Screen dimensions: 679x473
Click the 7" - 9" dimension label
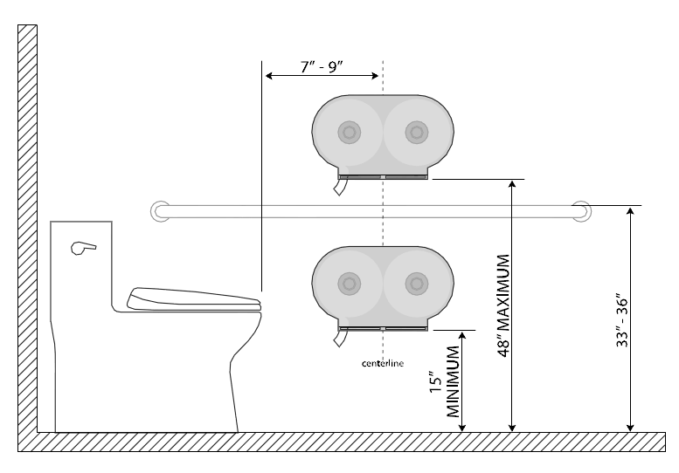coord(322,67)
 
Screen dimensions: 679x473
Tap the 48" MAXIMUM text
coord(503,305)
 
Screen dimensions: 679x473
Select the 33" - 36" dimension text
coord(622,321)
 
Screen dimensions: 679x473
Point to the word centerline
coord(383,363)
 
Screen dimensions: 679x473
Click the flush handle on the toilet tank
coord(83,248)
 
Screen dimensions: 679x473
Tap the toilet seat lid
coord(194,298)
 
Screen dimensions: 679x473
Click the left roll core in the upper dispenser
coord(349,132)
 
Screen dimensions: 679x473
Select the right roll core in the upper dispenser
coord(417,132)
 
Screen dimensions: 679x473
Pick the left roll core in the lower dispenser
coord(349,284)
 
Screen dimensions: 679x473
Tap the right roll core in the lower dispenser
coord(417,284)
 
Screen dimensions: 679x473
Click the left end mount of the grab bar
coord(160,211)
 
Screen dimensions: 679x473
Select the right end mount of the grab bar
coord(581,211)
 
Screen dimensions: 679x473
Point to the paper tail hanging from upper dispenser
coord(340,188)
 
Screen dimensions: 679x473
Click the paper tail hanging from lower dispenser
coord(340,338)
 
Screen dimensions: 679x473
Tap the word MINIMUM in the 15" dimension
coord(453,381)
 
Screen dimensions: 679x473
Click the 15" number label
coord(436,381)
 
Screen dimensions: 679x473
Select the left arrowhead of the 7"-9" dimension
coord(269,76)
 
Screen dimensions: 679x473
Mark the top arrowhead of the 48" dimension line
coord(512,184)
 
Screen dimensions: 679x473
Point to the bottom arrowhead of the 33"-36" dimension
coord(631,427)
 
